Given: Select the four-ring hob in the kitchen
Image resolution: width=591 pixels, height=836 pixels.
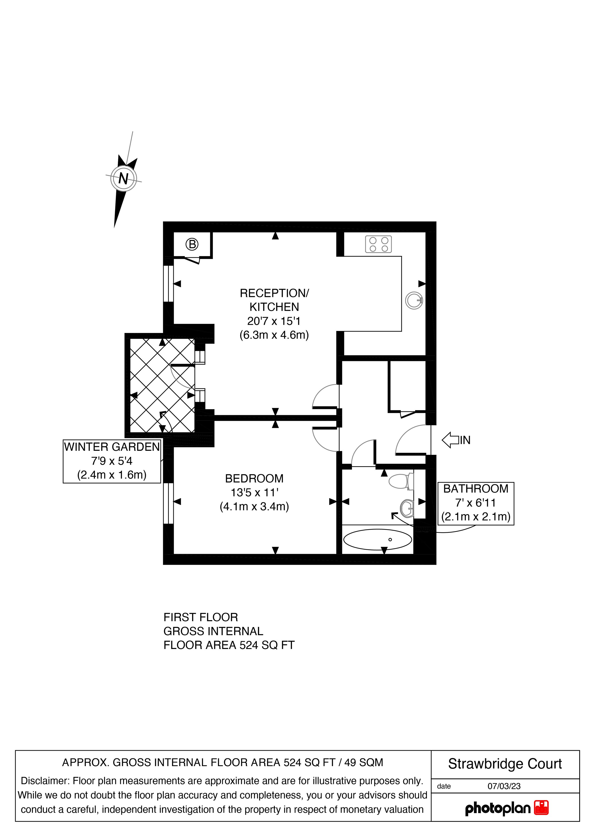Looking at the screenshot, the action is (x=379, y=244).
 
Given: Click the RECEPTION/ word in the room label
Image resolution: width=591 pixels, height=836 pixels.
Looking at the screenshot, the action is (x=274, y=293).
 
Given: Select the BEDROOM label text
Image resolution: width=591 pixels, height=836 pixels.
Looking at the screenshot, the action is (x=254, y=478).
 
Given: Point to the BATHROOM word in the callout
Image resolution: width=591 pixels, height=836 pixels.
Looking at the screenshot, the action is (x=476, y=489).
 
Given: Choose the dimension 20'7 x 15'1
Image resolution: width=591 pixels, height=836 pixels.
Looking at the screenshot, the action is (x=274, y=321).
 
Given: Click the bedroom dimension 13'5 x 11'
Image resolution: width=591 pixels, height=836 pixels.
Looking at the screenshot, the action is (x=254, y=493).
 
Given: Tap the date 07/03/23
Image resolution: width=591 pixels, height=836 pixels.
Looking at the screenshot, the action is (x=504, y=786).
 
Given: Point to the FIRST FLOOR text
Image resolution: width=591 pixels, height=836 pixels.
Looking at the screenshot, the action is (x=201, y=617).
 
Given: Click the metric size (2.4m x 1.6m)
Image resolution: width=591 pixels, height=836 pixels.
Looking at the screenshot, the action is (x=112, y=475).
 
